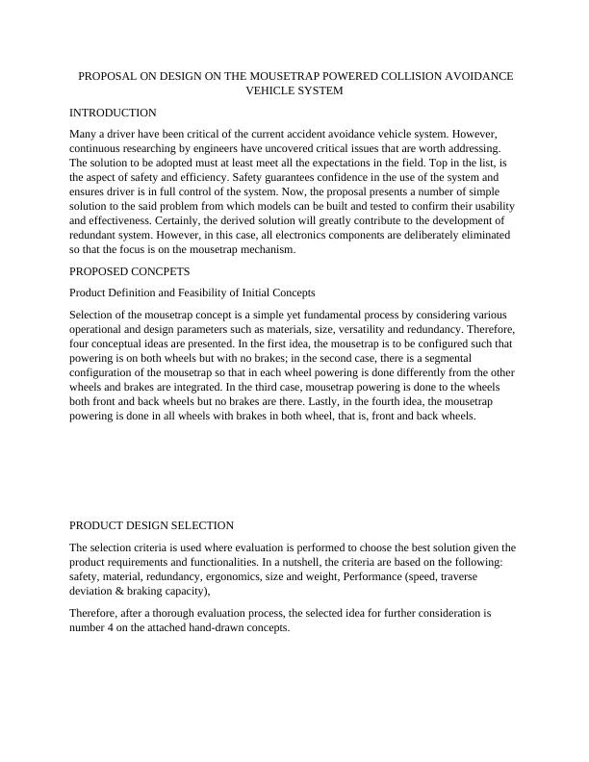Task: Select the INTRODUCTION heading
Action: [x=113, y=113]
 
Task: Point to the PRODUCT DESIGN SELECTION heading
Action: [x=151, y=525]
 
